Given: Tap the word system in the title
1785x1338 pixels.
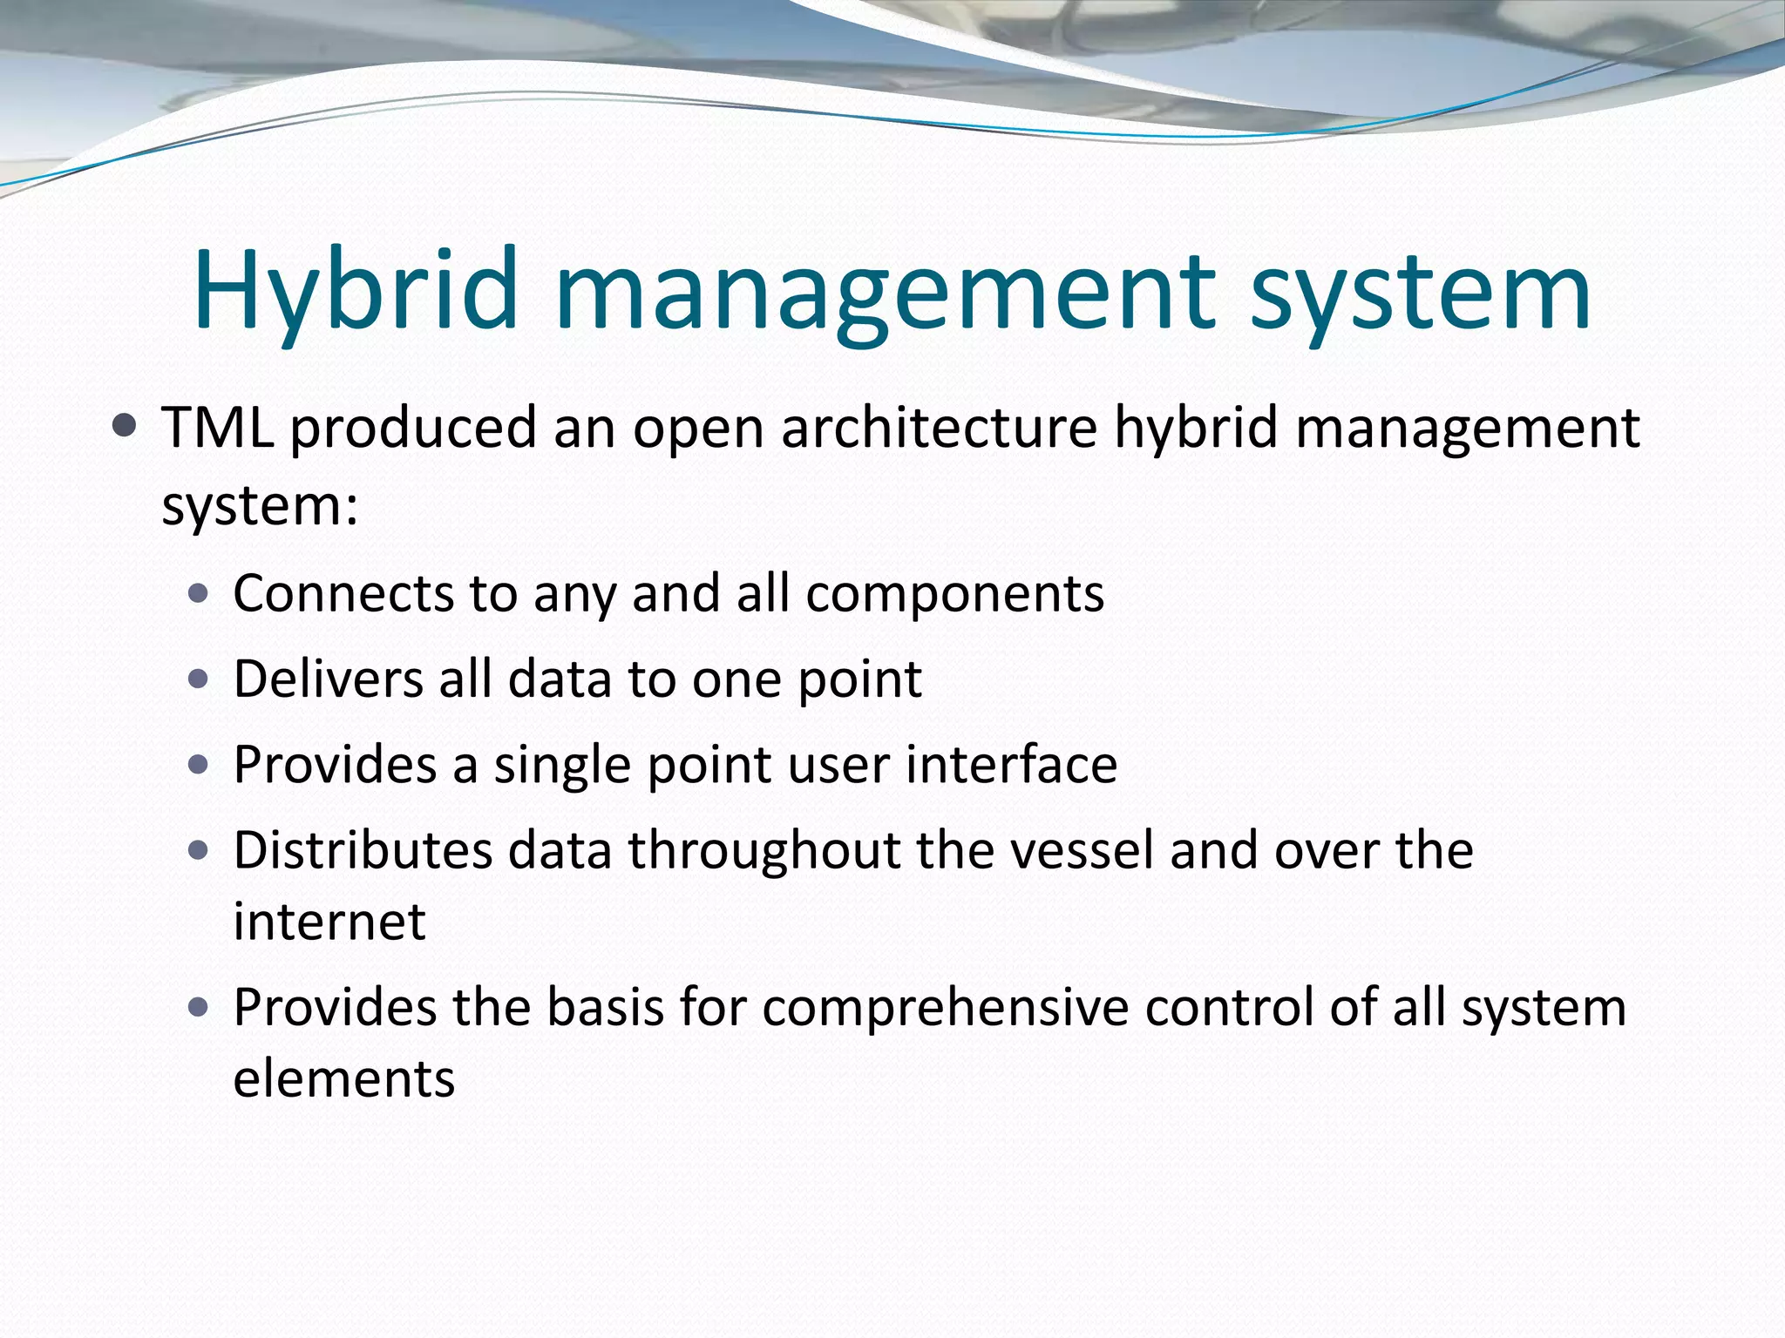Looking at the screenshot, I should point(1420,292).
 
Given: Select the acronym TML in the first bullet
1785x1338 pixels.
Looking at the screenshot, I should point(218,428).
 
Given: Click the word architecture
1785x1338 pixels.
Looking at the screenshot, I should point(939,428).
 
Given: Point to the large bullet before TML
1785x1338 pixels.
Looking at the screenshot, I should point(126,426).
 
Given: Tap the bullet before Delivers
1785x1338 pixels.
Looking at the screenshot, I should point(199,679).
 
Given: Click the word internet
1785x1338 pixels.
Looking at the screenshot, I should point(329,922).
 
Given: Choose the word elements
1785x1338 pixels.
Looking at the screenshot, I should point(344,1078).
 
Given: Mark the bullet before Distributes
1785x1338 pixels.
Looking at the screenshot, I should point(199,850).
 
